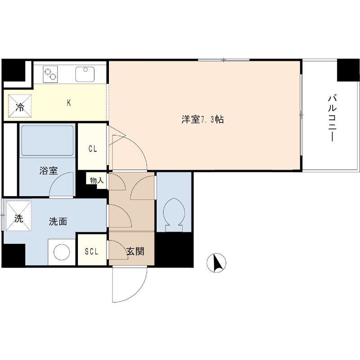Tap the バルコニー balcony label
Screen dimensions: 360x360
click(333, 118)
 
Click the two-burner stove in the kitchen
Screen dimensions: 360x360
click(51, 73)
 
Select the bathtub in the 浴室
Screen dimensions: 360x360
click(47, 140)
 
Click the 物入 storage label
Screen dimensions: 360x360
click(97, 180)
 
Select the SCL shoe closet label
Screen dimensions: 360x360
click(92, 251)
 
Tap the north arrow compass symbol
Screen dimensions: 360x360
click(217, 263)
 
